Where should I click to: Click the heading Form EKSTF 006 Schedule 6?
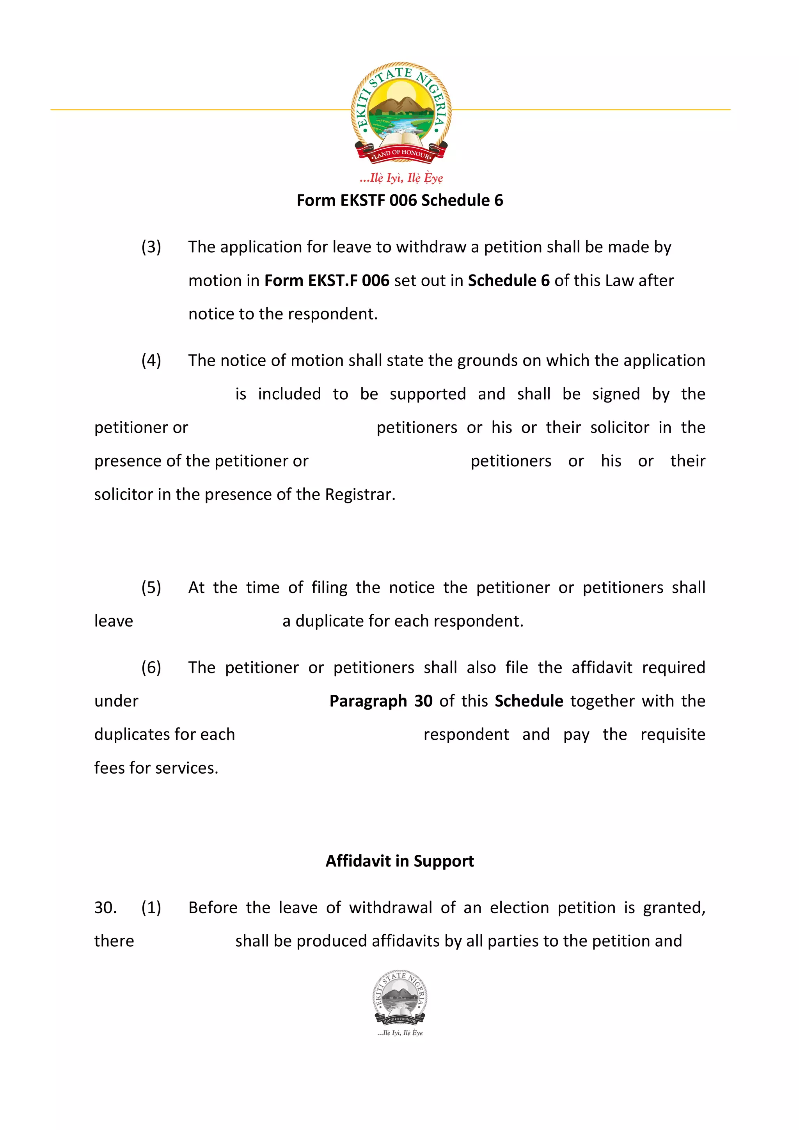tap(400, 200)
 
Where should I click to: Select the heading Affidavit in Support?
tap(400, 861)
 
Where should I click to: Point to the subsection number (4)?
tap(151, 361)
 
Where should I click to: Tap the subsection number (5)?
tap(151, 588)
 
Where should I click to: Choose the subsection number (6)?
tap(151, 668)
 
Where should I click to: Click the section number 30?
tap(105, 907)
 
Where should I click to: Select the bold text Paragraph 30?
tap(380, 701)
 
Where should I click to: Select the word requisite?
tap(673, 734)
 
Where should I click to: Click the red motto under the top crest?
tap(401, 178)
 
